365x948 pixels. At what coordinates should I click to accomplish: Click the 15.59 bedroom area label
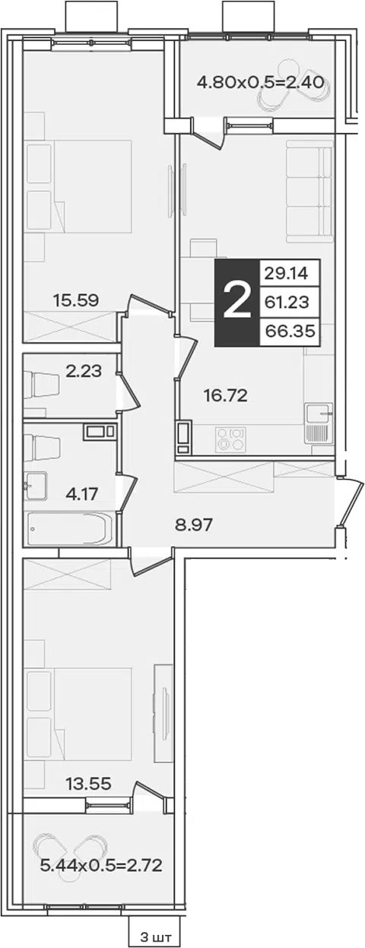[x=76, y=300]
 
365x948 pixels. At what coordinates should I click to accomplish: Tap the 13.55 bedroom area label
[x=89, y=784]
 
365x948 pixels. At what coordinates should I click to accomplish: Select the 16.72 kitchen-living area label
[x=225, y=396]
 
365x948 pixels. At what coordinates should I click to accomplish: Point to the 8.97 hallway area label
[x=193, y=525]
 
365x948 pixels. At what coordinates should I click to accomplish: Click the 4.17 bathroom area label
[x=82, y=493]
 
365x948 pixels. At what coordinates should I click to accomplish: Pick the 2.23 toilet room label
[x=84, y=371]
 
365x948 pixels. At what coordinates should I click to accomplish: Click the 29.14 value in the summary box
[x=287, y=274]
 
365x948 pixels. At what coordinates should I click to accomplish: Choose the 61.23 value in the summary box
[x=287, y=302]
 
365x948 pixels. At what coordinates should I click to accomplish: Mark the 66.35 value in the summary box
[x=290, y=331]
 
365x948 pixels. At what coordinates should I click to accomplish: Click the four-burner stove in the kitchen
[x=230, y=439]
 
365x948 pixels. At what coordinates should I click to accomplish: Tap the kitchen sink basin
[x=318, y=413]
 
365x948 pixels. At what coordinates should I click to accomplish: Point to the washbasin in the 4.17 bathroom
[x=35, y=486]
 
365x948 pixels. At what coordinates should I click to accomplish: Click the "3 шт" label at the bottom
[x=157, y=937]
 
